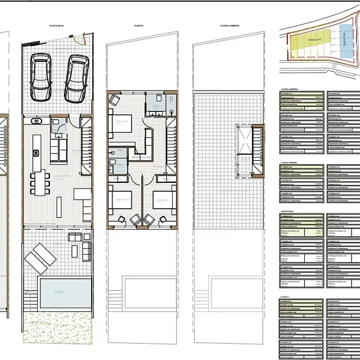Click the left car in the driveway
tap(40, 75)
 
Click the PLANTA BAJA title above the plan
tap(56, 25)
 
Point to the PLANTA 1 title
tap(139, 25)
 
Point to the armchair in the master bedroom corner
tap(115, 100)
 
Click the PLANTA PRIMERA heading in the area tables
tap(291, 162)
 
